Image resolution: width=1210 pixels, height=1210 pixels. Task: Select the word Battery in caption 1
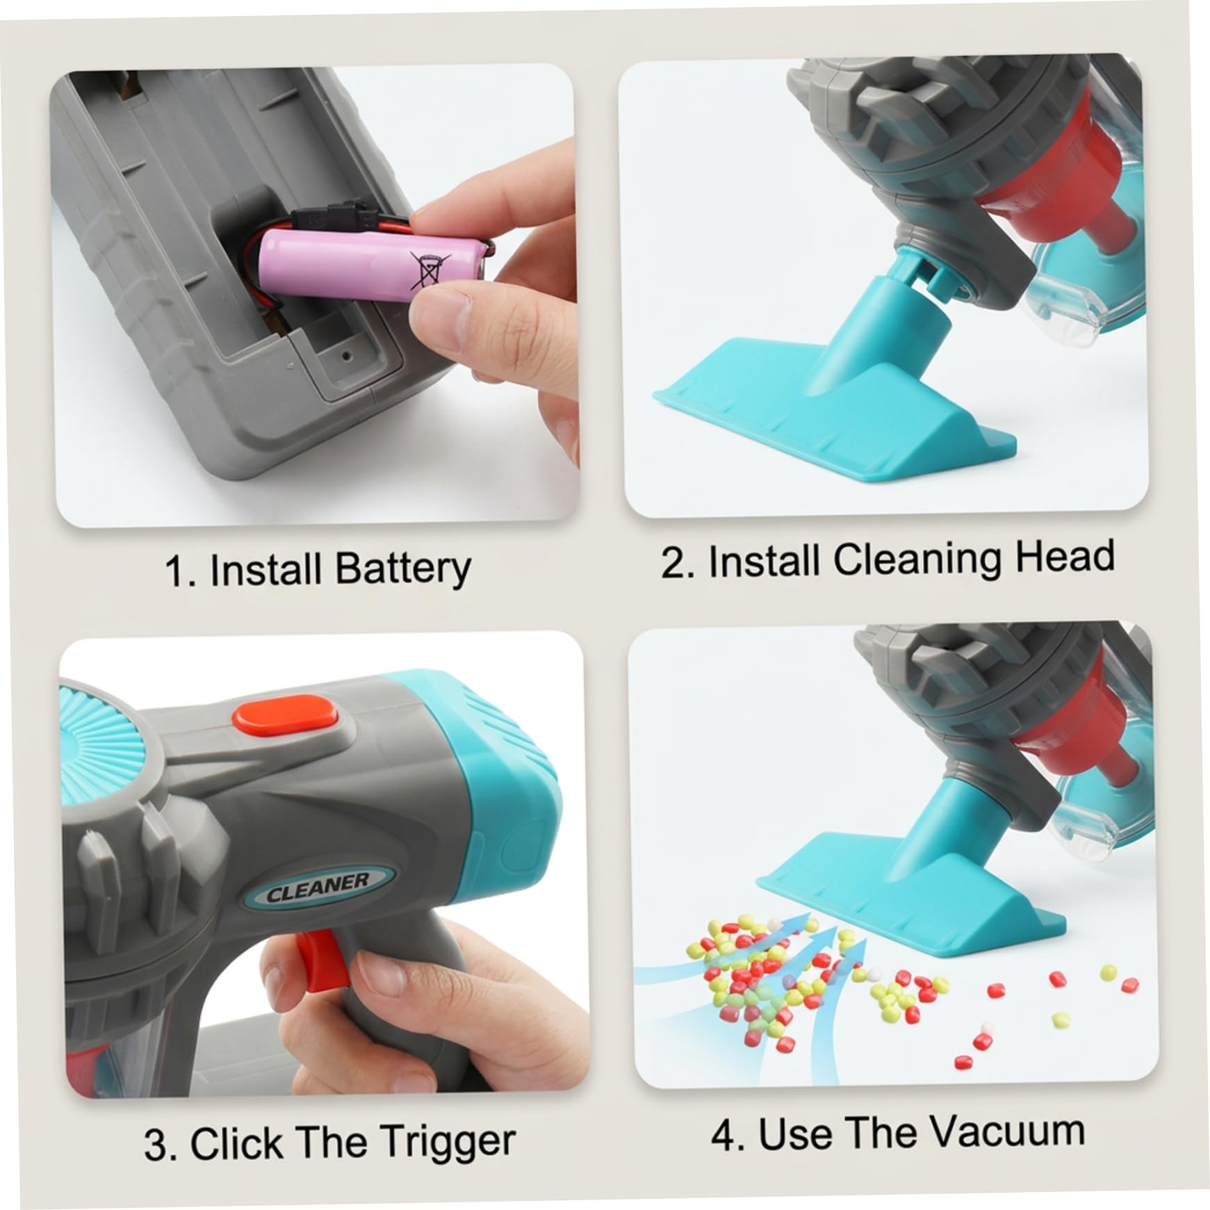click(x=402, y=568)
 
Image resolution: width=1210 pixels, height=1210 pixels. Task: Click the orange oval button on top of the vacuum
click(x=285, y=715)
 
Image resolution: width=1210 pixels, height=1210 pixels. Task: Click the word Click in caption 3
click(x=236, y=1143)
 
